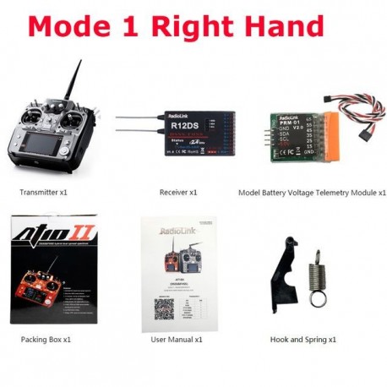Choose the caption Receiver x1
[178, 193]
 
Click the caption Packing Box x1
[46, 339]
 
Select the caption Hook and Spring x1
[303, 339]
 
